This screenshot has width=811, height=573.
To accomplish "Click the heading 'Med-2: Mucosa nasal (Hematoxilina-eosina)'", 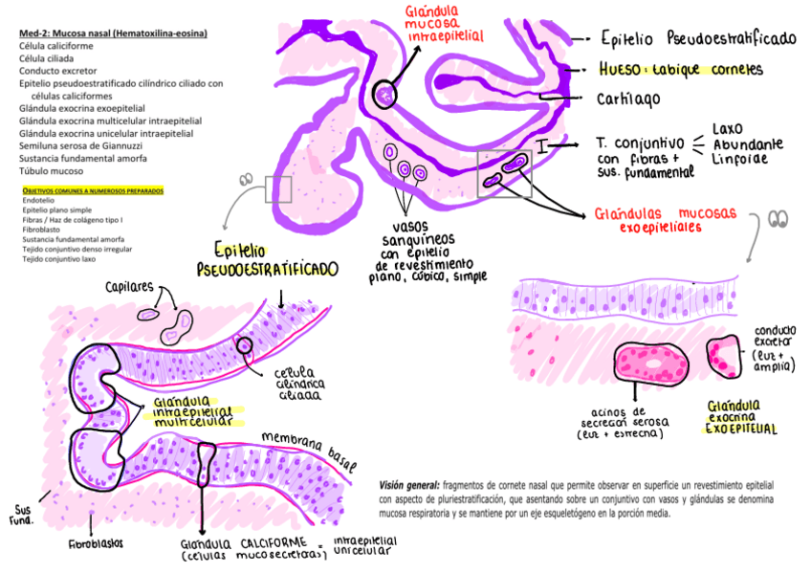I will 113,33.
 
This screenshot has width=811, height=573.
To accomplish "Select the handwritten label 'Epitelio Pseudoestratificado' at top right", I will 698,39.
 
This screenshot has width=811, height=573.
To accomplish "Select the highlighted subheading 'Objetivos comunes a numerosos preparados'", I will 92,190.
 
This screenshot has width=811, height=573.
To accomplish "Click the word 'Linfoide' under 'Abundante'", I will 738,160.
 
